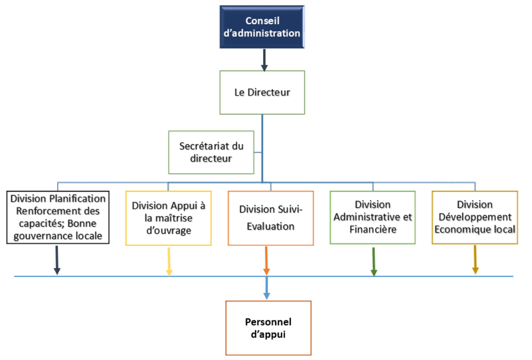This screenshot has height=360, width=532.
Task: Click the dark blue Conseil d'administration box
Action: [262, 27]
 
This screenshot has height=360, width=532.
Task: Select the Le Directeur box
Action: [262, 92]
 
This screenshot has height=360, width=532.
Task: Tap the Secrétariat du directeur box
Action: [211, 152]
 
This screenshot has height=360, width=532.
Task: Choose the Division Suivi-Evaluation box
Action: [270, 218]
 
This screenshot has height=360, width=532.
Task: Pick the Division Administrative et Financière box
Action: [372, 217]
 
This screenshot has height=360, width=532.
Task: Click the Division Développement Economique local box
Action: [474, 217]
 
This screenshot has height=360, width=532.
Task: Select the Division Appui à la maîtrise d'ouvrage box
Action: [169, 218]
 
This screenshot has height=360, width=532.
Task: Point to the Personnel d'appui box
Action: [268, 328]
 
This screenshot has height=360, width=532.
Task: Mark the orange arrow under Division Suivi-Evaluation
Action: [266, 260]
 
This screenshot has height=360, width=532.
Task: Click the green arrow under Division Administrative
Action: [373, 261]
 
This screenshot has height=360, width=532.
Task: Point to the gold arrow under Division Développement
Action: [475, 259]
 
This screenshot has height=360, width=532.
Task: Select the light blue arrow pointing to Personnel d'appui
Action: [267, 288]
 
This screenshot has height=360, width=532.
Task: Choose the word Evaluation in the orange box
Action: [270, 226]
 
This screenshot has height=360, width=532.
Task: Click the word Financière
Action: [372, 230]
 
